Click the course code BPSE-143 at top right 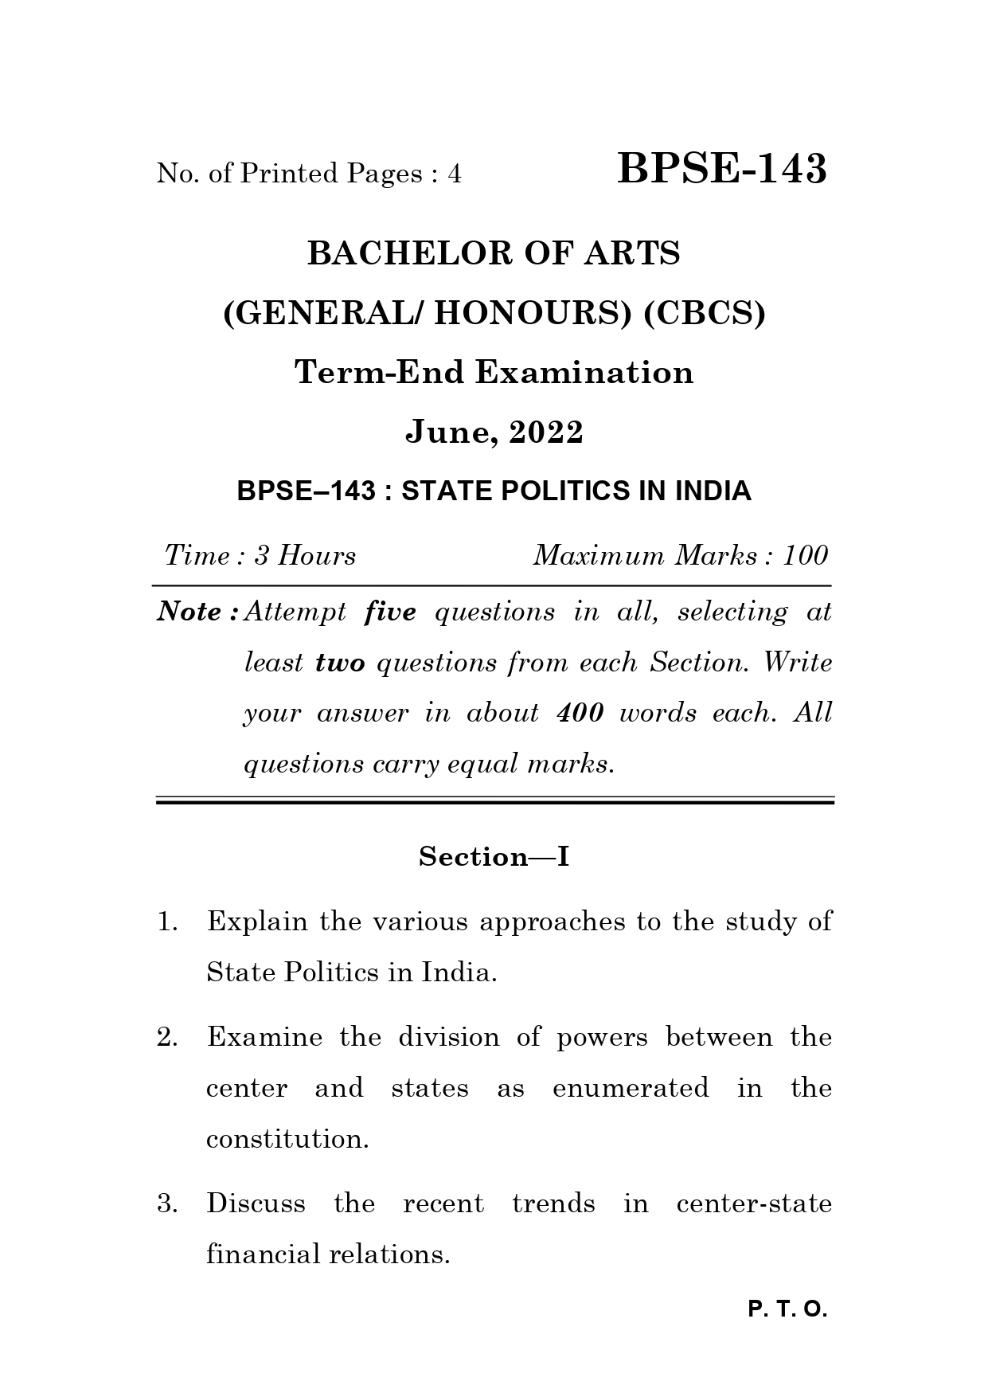click(x=721, y=169)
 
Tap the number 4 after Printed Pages click(x=454, y=174)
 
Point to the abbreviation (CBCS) click(x=704, y=314)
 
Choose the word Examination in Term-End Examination click(x=584, y=373)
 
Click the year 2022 click(x=546, y=432)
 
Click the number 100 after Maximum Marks click(x=805, y=555)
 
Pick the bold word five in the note click(x=390, y=612)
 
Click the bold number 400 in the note click(x=580, y=712)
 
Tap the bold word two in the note click(x=340, y=663)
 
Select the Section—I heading click(x=494, y=857)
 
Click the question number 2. click(x=166, y=1037)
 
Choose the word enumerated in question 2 click(x=630, y=1088)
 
